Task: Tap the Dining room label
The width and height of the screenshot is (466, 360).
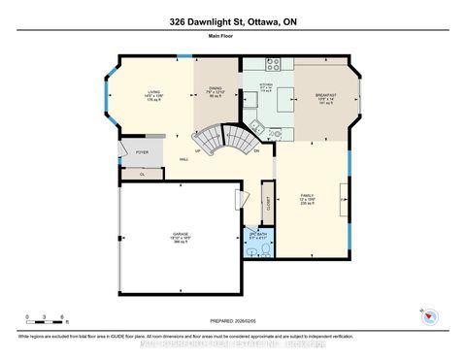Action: pyautogui.click(x=216, y=93)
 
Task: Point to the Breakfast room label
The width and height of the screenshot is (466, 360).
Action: pyautogui.click(x=324, y=96)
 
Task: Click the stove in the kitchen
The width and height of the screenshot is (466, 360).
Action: pyautogui.click(x=274, y=67)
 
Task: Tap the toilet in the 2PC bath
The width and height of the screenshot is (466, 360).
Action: pyautogui.click(x=252, y=250)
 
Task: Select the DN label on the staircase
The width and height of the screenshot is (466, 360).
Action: pyautogui.click(x=256, y=151)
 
